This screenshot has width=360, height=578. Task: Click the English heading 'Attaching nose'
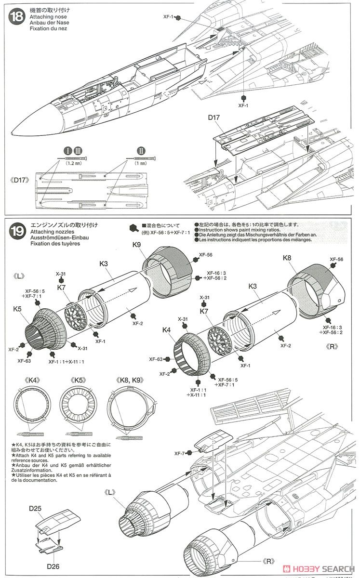point(44,16)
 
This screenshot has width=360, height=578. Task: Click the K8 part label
point(287,258)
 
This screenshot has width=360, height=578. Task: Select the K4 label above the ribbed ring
point(167,330)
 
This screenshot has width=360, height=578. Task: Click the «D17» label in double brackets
point(22,181)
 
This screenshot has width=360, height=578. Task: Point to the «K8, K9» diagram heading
point(127,379)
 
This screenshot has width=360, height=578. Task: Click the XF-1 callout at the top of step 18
point(169,17)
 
